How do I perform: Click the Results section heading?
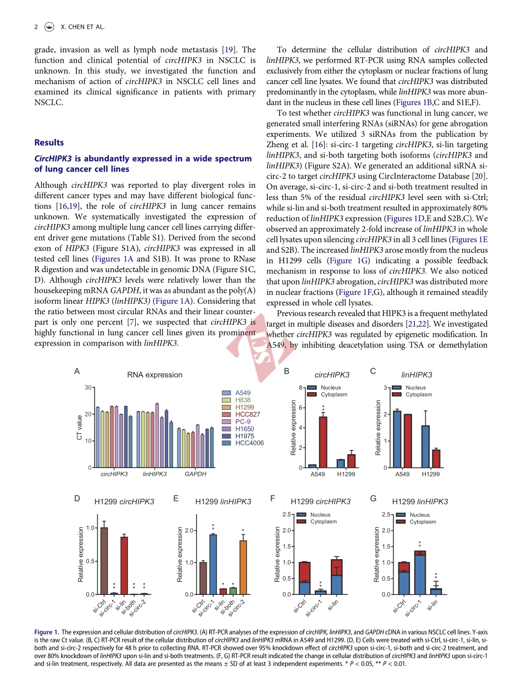tap(49, 143)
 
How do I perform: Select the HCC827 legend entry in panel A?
tap(247, 414)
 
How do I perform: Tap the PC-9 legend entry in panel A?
tap(243, 421)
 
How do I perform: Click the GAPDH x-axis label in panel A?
tap(195, 474)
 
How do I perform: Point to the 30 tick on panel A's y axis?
tap(87, 388)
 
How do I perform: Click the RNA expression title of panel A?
tap(154, 375)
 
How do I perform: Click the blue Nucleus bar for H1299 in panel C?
tap(425, 446)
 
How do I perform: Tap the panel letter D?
tap(77, 498)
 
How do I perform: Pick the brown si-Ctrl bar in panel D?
tap(104, 561)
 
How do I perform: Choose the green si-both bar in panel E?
tap(233, 591)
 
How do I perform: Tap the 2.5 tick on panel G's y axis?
tap(386, 515)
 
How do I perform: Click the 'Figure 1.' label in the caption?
tap(46, 632)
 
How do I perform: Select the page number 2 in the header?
tap(36, 26)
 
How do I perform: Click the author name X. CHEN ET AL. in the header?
tap(82, 26)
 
